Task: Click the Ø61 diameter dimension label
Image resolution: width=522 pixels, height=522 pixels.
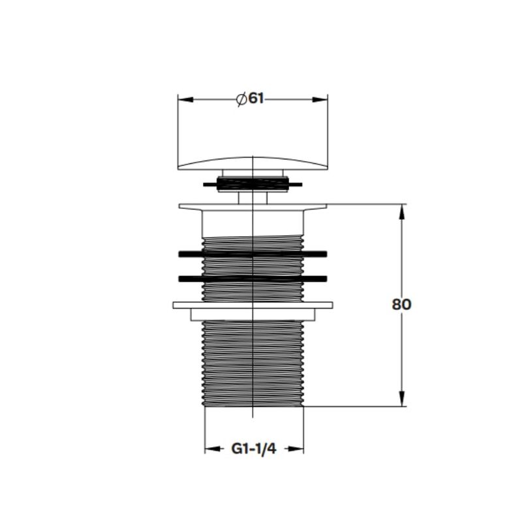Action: click(x=250, y=99)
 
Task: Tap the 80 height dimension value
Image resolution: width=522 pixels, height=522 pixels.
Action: click(x=401, y=304)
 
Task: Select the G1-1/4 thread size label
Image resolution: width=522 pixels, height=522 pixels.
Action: click(x=254, y=449)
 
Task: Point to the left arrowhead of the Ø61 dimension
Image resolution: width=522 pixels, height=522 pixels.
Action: click(x=185, y=100)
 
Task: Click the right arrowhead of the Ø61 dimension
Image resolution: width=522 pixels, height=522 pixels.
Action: click(x=320, y=100)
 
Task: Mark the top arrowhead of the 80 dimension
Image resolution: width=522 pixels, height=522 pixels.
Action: click(x=402, y=211)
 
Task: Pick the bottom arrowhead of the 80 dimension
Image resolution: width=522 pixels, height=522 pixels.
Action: click(x=402, y=399)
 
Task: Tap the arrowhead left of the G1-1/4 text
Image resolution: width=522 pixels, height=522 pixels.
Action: click(x=213, y=449)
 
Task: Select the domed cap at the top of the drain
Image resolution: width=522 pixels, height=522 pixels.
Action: click(x=253, y=164)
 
